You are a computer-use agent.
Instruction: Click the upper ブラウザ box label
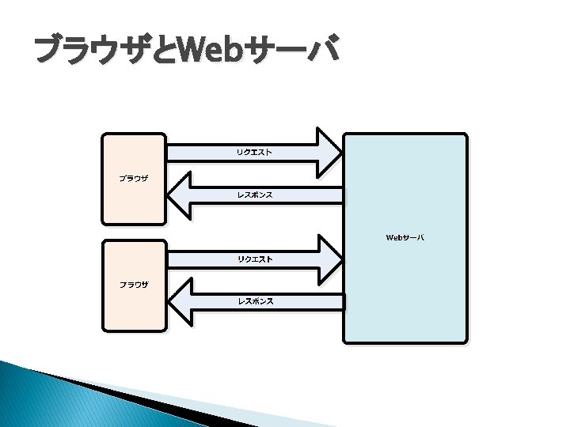pyautogui.click(x=134, y=179)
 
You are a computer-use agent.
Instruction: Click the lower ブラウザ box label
pyautogui.click(x=134, y=285)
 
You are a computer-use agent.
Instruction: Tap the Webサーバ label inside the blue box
pyautogui.click(x=405, y=237)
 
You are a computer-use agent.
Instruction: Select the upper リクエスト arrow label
pyautogui.click(x=254, y=152)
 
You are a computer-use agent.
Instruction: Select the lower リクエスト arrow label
pyautogui.click(x=254, y=259)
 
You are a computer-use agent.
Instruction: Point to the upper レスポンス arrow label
pyautogui.click(x=255, y=195)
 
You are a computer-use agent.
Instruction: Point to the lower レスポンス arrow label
pyautogui.click(x=255, y=301)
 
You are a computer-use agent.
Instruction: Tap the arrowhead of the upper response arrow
pyautogui.click(x=181, y=195)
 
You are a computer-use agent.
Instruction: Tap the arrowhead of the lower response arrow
pyautogui.click(x=181, y=301)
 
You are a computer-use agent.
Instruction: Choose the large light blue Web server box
pyautogui.click(x=405, y=300)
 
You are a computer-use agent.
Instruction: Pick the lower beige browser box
pyautogui.click(x=134, y=312)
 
